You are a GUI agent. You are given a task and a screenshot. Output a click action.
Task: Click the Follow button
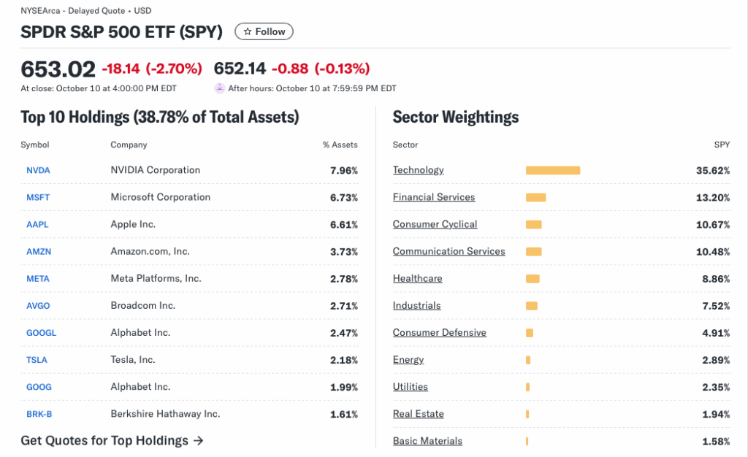tap(264, 31)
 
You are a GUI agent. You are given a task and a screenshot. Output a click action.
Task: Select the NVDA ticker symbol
tap(38, 170)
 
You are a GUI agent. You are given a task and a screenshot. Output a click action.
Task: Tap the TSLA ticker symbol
tap(38, 360)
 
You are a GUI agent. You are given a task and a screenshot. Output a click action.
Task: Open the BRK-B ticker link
tap(39, 414)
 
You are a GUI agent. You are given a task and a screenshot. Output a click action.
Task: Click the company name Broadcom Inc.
tap(143, 305)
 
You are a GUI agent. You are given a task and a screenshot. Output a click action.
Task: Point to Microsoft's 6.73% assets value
tap(344, 197)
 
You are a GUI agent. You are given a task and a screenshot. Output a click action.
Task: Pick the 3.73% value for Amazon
tap(344, 251)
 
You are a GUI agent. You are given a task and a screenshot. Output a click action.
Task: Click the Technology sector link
tap(418, 170)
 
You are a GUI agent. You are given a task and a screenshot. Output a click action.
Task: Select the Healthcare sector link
tap(417, 278)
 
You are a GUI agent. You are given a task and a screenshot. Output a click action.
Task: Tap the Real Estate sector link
tap(418, 414)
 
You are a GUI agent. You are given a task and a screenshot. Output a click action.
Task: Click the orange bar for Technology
tap(553, 170)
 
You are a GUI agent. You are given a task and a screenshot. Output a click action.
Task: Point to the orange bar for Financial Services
tap(535, 197)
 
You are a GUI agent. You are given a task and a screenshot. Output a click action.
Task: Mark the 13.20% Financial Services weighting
tap(713, 197)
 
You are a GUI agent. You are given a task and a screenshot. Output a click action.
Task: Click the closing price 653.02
tap(58, 69)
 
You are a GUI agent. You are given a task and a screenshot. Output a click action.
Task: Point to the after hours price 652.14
tap(240, 69)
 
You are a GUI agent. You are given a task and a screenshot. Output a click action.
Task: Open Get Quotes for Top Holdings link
tap(112, 440)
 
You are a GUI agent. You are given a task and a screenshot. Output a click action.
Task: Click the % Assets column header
tap(340, 145)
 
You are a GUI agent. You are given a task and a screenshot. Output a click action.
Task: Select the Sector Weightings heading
tap(456, 117)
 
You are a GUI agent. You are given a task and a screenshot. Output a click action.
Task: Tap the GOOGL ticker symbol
tap(41, 333)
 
